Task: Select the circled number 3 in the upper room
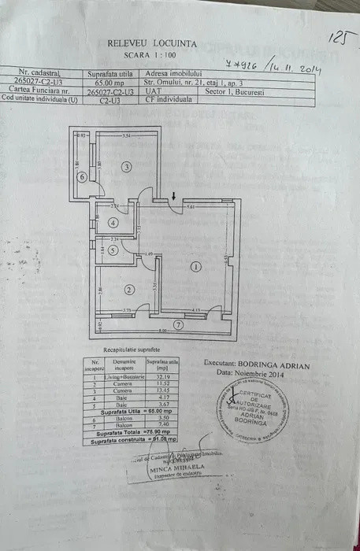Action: tap(125, 166)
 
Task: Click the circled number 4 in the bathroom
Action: tap(113, 222)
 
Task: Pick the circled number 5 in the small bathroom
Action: tap(113, 250)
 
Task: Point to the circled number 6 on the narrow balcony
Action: tap(82, 177)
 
